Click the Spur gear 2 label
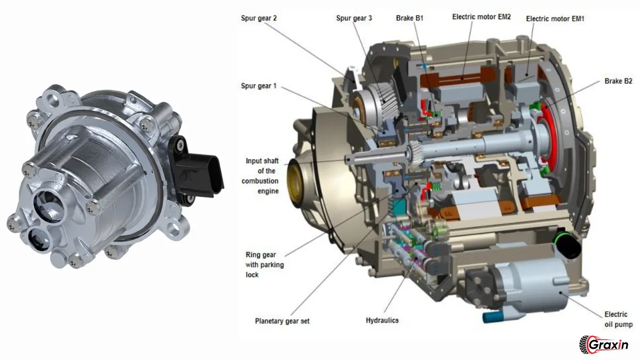click(259, 18)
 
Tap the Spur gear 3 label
click(354, 18)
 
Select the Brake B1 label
click(410, 18)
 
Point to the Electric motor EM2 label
click(482, 17)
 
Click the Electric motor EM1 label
click(555, 19)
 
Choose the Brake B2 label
click(618, 81)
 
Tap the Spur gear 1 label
click(259, 86)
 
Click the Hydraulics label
click(382, 321)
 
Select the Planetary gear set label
click(282, 321)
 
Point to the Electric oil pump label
click(618, 319)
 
